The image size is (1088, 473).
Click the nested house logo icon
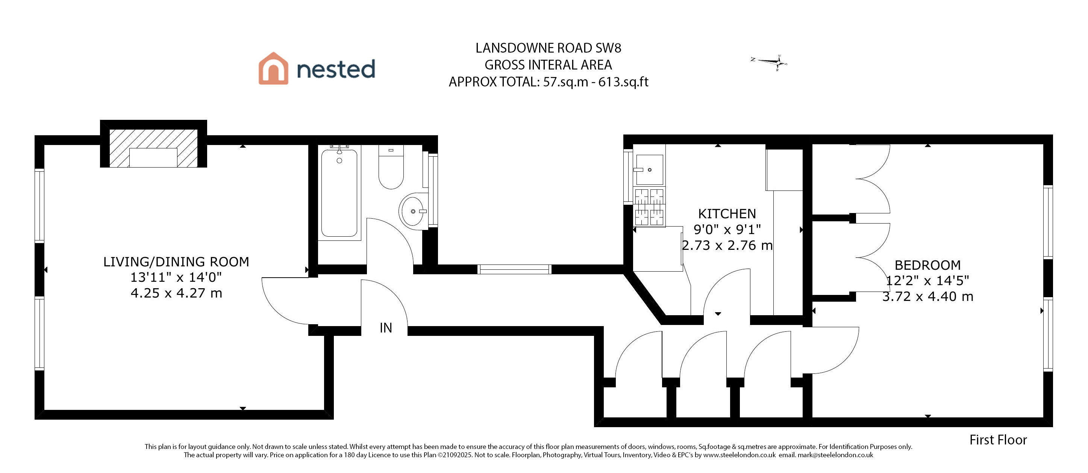(x=273, y=68)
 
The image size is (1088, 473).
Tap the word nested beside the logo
(x=336, y=69)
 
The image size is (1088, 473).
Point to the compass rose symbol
(x=770, y=62)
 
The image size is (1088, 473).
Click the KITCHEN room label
(x=727, y=213)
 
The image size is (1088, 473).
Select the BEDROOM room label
(x=927, y=265)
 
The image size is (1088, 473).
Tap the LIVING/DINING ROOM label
(x=176, y=261)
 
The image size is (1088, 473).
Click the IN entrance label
(x=386, y=328)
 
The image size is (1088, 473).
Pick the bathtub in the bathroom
(x=339, y=193)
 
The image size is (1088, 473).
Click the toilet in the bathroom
(x=391, y=167)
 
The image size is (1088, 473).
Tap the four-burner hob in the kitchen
(x=649, y=207)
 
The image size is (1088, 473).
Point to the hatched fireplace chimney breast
(x=153, y=148)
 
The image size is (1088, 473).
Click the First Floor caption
(x=998, y=440)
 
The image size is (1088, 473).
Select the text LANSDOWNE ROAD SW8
(x=548, y=48)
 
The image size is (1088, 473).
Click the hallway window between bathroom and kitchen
(x=514, y=269)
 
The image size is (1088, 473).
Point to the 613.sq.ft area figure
(x=623, y=82)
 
